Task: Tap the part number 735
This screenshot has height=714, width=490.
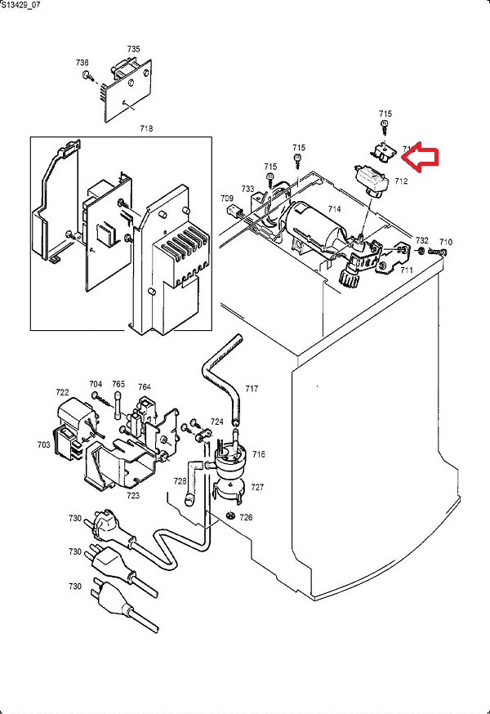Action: [133, 49]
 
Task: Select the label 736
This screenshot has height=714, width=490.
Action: [82, 62]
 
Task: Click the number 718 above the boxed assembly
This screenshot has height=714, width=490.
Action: [146, 129]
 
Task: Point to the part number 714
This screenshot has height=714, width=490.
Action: [335, 210]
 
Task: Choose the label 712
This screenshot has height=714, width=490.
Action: [401, 181]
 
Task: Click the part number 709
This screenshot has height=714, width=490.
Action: [226, 199]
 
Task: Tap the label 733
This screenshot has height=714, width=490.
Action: [248, 189]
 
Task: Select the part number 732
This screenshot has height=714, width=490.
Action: [421, 240]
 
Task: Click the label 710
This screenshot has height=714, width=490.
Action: [446, 242]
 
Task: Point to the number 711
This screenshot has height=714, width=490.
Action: [406, 270]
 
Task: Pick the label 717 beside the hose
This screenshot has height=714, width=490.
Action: [252, 389]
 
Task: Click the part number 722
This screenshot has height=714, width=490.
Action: [63, 392]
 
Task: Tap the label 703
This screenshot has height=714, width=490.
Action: [43, 445]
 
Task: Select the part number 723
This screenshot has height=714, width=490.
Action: [132, 495]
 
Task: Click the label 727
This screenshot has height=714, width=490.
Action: [257, 487]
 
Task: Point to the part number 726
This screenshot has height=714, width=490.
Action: [246, 517]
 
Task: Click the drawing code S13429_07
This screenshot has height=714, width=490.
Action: [21, 5]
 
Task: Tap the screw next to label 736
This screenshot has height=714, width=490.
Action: [87, 76]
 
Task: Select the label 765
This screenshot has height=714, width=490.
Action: [118, 384]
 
